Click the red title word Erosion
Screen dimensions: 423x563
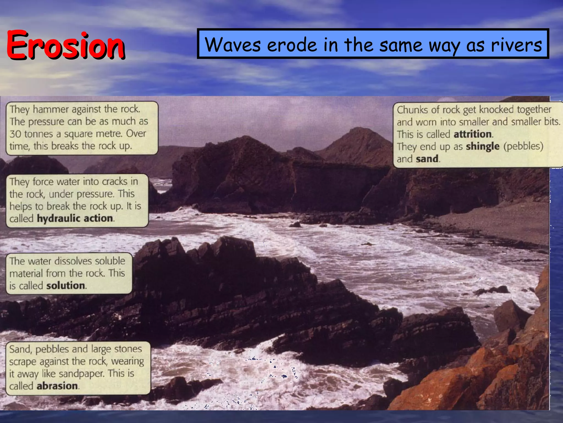(x=65, y=45)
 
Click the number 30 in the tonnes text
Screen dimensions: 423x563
(x=15, y=134)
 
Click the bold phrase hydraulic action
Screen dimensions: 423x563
(x=75, y=218)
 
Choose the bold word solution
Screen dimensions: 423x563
(x=65, y=286)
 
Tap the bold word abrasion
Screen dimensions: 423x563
(x=57, y=386)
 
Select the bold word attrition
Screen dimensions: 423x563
(x=473, y=134)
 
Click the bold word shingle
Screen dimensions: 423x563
(x=482, y=146)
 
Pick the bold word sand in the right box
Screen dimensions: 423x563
(x=427, y=159)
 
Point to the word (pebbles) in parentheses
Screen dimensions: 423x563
(x=523, y=146)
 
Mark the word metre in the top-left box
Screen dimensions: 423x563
(x=108, y=134)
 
